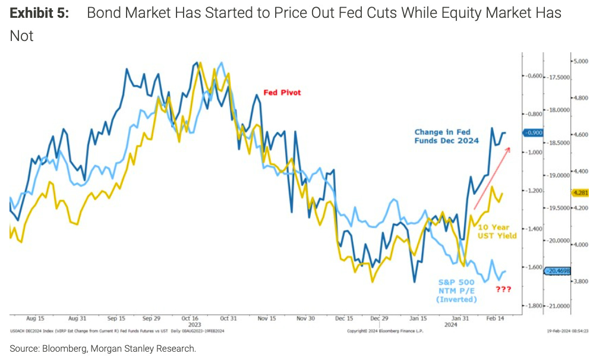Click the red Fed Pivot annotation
tap(282, 93)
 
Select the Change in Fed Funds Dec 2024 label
tap(446, 137)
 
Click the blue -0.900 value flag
tap(533, 132)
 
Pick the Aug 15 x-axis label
tap(36, 318)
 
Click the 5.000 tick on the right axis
tap(579, 61)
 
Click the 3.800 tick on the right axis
tap(579, 282)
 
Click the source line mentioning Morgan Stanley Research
tap(103, 348)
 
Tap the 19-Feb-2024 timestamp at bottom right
tap(566, 331)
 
